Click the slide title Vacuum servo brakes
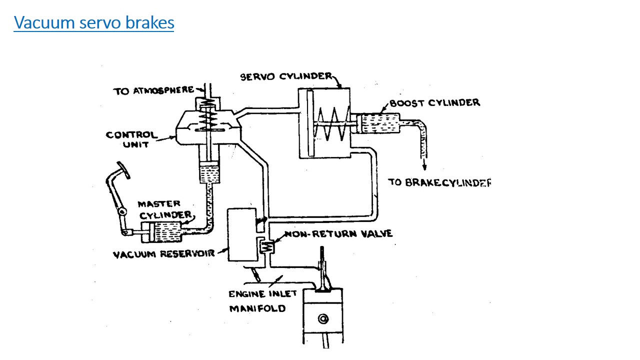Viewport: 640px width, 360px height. pyautogui.click(x=94, y=23)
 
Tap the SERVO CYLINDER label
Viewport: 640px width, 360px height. pyautogui.click(x=285, y=76)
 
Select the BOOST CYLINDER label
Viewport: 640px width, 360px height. pyautogui.click(x=434, y=103)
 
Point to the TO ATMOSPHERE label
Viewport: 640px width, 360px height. pyautogui.click(x=153, y=91)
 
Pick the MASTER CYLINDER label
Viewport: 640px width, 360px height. pyautogui.click(x=165, y=209)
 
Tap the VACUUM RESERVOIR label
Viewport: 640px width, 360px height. pyautogui.click(x=163, y=254)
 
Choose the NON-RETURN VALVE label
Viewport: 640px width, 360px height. pyautogui.click(x=338, y=234)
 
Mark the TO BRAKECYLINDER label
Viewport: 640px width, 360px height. pyautogui.click(x=439, y=182)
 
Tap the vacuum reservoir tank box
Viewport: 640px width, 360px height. pyautogui.click(x=241, y=234)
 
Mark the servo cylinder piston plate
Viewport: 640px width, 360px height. pyautogui.click(x=310, y=123)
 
